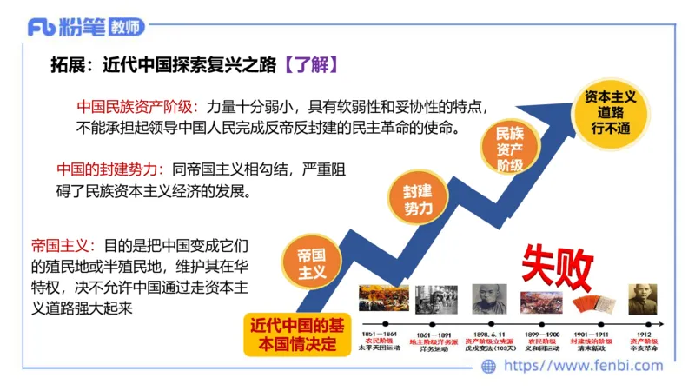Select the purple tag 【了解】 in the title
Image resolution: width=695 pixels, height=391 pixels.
(x=309, y=64)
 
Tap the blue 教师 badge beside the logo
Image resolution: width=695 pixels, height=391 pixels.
(x=125, y=28)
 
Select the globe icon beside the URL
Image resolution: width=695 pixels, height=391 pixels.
(x=488, y=366)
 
